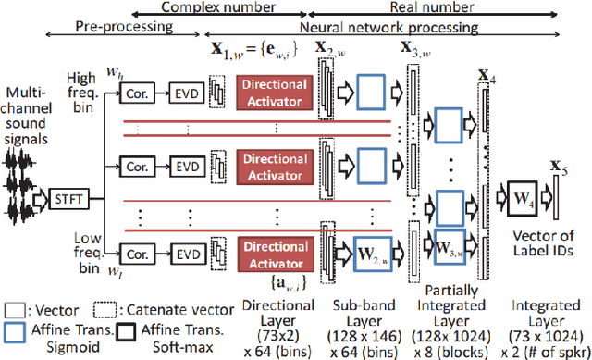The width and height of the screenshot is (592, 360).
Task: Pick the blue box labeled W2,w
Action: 364,251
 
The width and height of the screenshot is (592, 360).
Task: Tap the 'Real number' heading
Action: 432,7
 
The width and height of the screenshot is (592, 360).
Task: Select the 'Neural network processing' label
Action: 371,28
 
